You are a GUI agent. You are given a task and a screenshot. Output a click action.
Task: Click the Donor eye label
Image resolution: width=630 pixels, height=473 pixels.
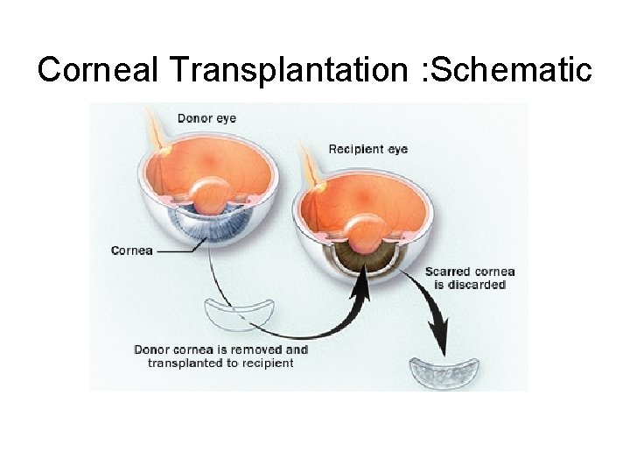[x=206, y=118]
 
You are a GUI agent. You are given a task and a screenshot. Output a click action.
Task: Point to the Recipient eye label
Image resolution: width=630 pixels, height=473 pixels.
[x=367, y=149]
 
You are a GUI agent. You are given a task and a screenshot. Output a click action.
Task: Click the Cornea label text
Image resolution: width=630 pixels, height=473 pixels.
[x=132, y=251]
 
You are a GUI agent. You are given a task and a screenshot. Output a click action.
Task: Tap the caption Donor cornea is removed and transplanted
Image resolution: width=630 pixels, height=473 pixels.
[x=220, y=356]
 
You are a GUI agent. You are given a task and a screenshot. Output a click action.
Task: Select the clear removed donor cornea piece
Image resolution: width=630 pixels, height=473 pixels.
[x=239, y=314]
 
